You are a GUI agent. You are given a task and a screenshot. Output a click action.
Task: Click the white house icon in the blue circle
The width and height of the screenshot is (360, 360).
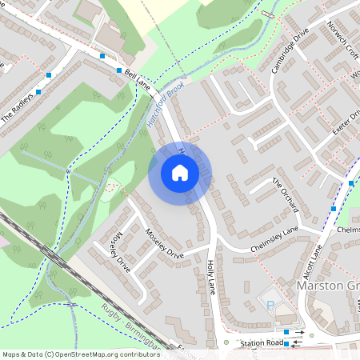coord(180,173)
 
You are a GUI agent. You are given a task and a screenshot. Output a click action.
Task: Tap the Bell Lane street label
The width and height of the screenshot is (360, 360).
coord(138,78)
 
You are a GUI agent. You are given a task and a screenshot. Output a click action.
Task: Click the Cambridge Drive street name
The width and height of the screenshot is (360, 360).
coord(290,54)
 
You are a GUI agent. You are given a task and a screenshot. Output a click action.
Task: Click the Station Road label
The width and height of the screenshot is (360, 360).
coord(262,343)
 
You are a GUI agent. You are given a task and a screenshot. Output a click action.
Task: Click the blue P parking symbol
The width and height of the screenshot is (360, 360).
coord(270,306)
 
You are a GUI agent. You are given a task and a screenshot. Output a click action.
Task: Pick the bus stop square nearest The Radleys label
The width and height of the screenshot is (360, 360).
coord(38,91)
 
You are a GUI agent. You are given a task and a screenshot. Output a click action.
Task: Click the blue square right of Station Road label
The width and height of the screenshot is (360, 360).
coord(286,344)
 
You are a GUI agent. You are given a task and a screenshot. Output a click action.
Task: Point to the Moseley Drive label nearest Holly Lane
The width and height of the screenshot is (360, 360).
coord(165,245)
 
